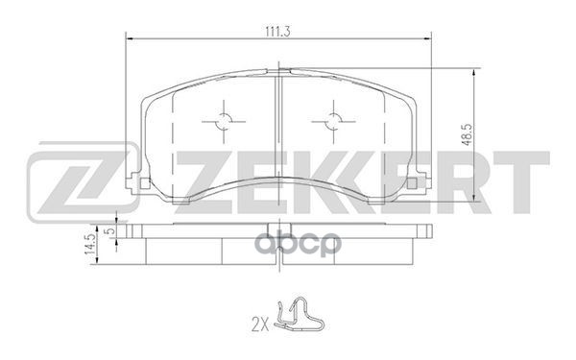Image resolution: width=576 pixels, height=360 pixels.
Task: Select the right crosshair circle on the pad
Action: coord(333,121)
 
